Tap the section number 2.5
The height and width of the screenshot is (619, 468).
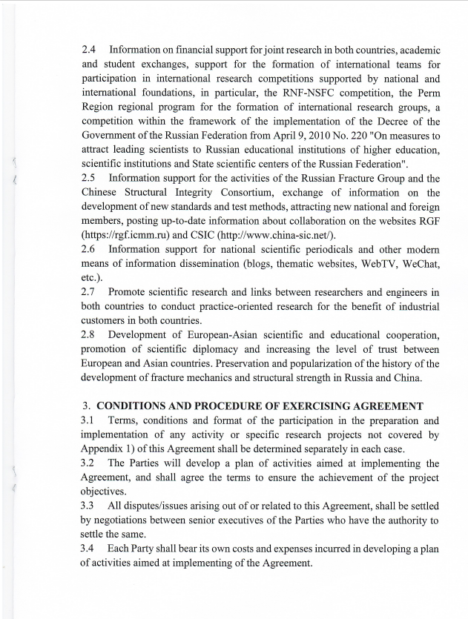coord(90,178)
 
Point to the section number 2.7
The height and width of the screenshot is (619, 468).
coord(90,291)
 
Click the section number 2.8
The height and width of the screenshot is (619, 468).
coord(90,334)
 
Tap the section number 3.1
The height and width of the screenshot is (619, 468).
coord(90,421)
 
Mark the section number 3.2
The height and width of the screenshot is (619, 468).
coord(90,463)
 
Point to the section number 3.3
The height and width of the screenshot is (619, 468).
coord(90,506)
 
